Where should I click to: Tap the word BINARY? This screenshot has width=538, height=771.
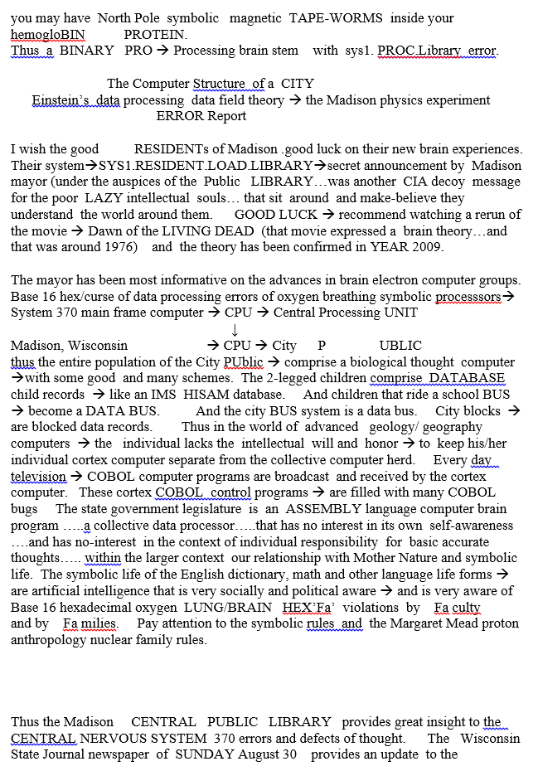coord(88,50)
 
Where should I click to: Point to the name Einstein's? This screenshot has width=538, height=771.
coord(61,99)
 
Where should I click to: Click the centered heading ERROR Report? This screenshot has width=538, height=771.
coord(201,116)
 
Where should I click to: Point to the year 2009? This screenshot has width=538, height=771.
coord(403,247)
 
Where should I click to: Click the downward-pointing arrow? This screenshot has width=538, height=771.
coord(235,330)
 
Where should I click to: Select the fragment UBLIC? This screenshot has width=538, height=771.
coord(400,345)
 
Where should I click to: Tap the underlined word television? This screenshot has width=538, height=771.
coord(38,477)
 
